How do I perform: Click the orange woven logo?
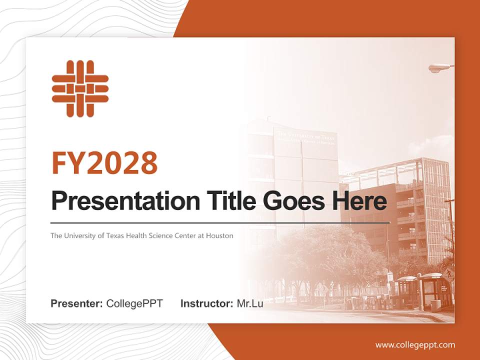click(x=80, y=88)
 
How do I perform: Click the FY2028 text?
click(x=104, y=163)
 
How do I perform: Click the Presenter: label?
click(x=77, y=303)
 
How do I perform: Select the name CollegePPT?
click(x=134, y=303)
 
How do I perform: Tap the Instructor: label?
click(x=206, y=303)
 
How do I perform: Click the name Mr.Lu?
click(x=249, y=303)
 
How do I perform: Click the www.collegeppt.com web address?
click(x=415, y=345)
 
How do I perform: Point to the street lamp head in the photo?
click(x=439, y=67)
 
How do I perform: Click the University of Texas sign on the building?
click(x=306, y=137)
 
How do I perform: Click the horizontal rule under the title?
click(x=220, y=222)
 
